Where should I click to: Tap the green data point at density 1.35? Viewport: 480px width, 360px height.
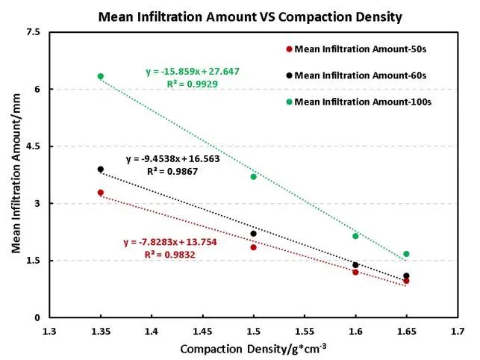click(x=101, y=76)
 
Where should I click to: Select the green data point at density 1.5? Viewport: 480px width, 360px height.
click(x=254, y=176)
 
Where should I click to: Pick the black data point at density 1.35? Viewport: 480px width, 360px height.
click(x=101, y=170)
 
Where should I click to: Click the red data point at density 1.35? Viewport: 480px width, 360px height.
click(x=101, y=193)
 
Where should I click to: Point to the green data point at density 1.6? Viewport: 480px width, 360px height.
click(x=356, y=236)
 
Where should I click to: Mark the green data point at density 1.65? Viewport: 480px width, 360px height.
click(x=407, y=254)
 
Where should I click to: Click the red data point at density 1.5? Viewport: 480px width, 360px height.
click(x=254, y=247)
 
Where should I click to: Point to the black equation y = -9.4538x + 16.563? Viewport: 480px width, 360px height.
click(x=172, y=159)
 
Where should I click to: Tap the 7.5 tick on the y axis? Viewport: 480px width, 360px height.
click(x=32, y=32)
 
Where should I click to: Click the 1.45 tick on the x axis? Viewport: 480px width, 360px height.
click(x=202, y=329)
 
